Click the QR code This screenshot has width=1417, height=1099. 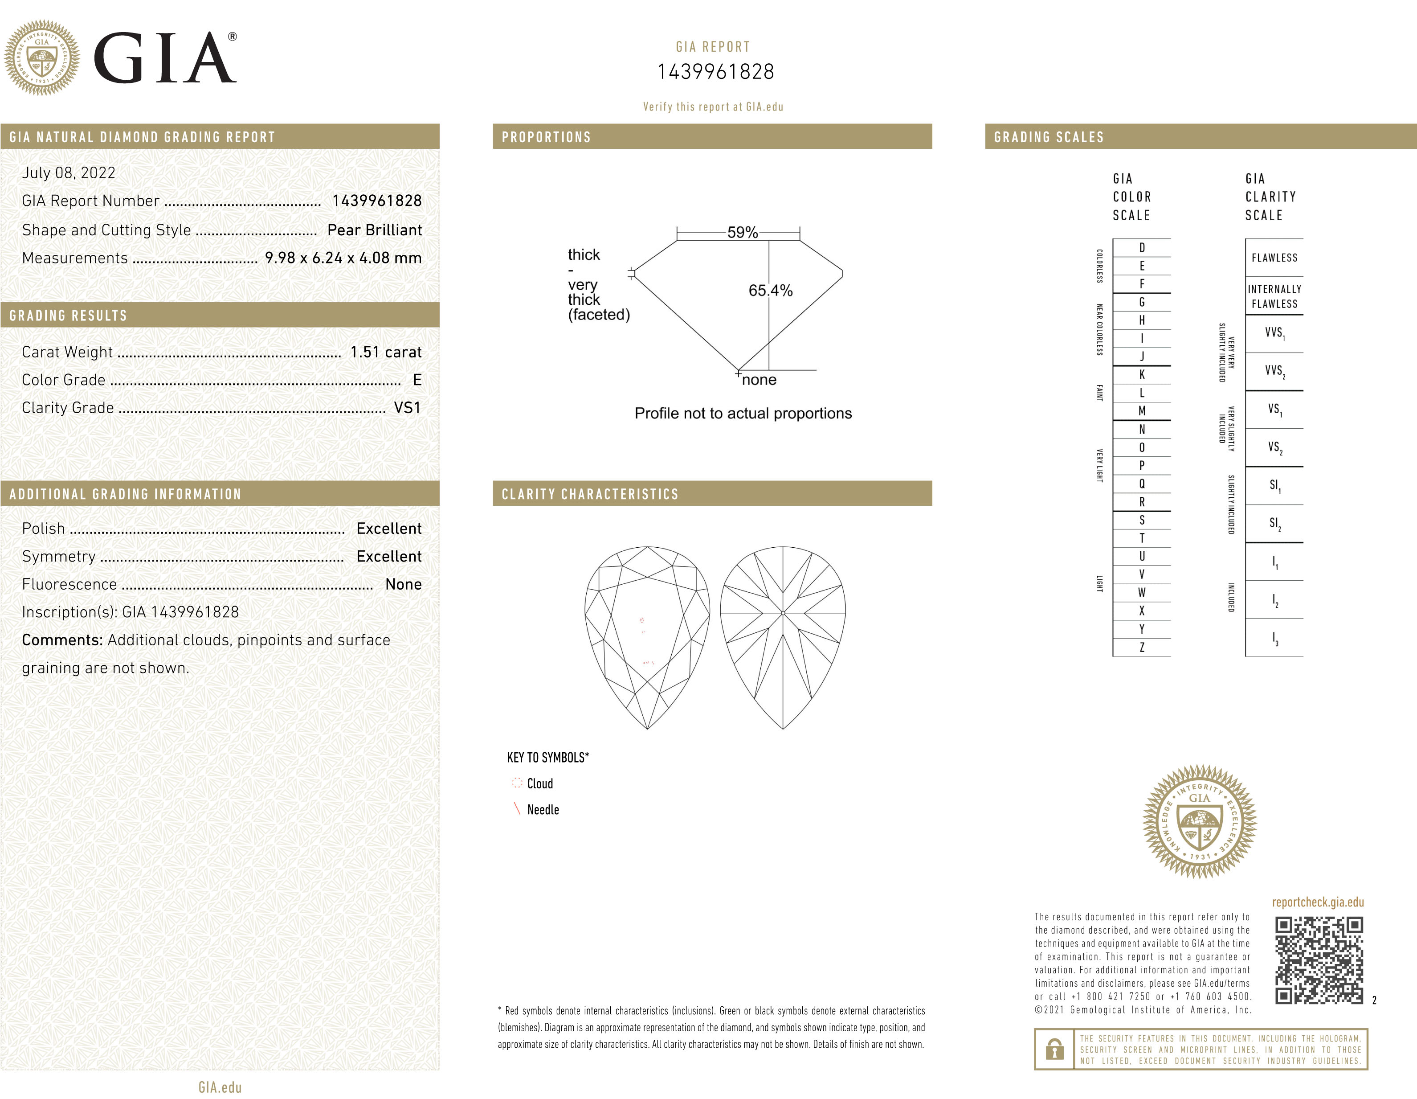click(x=1319, y=960)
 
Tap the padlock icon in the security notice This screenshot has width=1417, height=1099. click(x=1054, y=1049)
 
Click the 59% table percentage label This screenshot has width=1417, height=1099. click(x=742, y=232)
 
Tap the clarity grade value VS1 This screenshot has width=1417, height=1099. click(x=408, y=408)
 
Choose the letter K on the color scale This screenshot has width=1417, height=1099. click(x=1142, y=374)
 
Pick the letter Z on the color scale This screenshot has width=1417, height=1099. click(x=1142, y=647)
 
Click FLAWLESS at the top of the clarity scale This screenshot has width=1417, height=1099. click(x=1274, y=258)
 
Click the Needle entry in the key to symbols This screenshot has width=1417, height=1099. click(x=543, y=809)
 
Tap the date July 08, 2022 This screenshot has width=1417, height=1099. click(x=69, y=172)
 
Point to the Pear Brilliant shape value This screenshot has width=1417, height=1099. click(x=374, y=230)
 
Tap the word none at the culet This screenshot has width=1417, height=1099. click(x=759, y=380)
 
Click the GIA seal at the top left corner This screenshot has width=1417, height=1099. click(x=42, y=58)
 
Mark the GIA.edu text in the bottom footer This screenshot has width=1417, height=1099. click(x=220, y=1087)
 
